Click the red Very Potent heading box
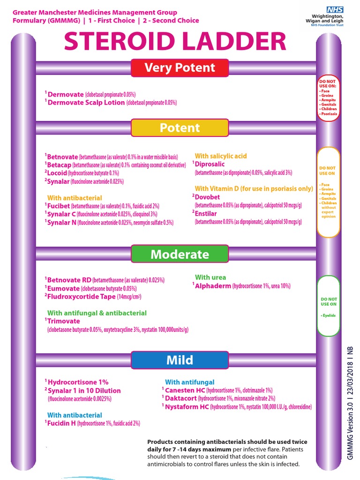(180, 67)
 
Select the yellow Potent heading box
(180, 128)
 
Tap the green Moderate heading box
(180, 255)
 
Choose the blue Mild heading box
(180, 360)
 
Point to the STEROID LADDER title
(175, 42)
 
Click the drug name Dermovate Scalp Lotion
(86, 103)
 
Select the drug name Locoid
(57, 173)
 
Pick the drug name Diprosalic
(210, 164)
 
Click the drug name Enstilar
(206, 214)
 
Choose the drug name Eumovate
(63, 288)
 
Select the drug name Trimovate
(64, 321)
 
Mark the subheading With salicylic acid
(221, 156)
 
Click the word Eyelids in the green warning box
(329, 316)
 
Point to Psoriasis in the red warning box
(329, 114)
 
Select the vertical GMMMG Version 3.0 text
(350, 403)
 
